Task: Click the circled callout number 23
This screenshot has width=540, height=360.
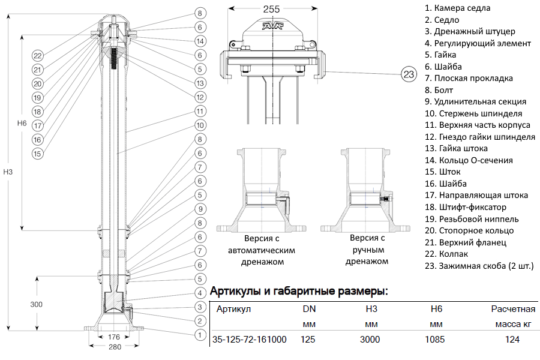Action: click(x=409, y=74)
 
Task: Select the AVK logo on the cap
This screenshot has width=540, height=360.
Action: click(x=275, y=26)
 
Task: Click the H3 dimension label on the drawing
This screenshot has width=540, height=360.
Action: click(x=8, y=172)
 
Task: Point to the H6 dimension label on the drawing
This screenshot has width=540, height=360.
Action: click(x=22, y=123)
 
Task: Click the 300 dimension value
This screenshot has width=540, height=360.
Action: click(x=36, y=304)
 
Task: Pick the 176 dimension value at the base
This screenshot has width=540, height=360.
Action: click(x=114, y=337)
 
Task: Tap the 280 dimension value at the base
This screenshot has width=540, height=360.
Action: click(x=114, y=347)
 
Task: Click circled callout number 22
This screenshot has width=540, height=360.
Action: click(x=38, y=56)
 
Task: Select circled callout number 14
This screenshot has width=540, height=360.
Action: click(x=200, y=41)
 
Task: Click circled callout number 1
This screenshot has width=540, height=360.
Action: click(x=200, y=334)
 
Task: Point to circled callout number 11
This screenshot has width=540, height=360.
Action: click(x=200, y=111)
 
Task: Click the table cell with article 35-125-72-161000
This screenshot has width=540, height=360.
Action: click(x=250, y=340)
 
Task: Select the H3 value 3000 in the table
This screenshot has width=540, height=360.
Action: click(x=370, y=340)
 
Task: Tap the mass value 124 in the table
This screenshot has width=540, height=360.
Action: click(x=512, y=340)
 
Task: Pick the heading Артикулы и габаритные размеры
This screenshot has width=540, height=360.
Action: click(x=299, y=292)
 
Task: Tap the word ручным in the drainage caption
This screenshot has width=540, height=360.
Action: click(x=367, y=250)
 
